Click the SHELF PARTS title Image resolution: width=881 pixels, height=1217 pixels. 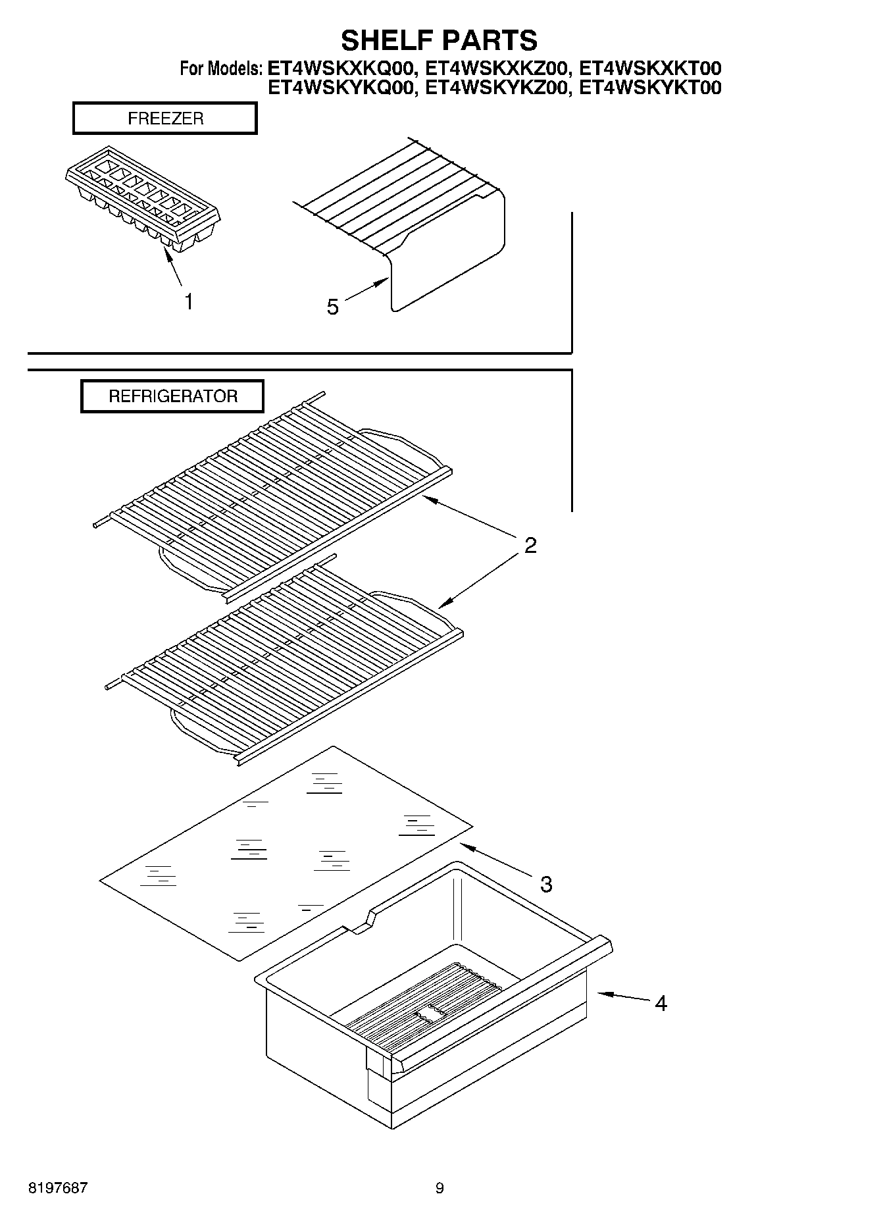[x=439, y=40]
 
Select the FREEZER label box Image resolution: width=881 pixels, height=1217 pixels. [x=164, y=118]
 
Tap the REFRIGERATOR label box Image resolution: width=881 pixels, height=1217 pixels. [x=172, y=396]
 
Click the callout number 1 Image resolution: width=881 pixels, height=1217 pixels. [x=189, y=302]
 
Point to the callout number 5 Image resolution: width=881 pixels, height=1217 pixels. [x=333, y=307]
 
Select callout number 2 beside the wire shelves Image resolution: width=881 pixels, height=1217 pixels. [x=530, y=545]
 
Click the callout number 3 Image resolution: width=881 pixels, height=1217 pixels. [x=546, y=884]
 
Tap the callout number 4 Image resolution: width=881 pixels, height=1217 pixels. [x=661, y=1003]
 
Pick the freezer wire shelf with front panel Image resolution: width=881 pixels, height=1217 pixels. [x=421, y=224]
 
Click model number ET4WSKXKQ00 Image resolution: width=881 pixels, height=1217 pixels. [x=341, y=68]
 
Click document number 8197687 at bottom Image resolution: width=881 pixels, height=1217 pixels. [x=58, y=1188]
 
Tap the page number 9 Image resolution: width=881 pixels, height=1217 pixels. [x=440, y=1188]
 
